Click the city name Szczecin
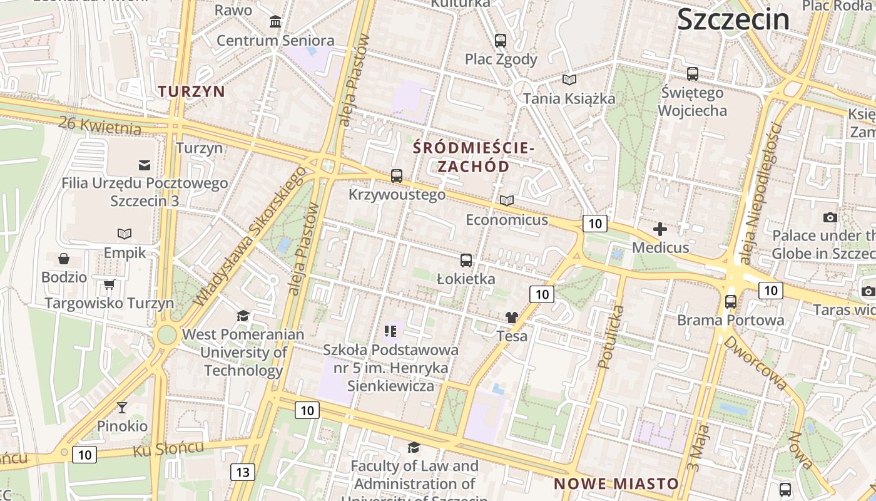click(x=733, y=19)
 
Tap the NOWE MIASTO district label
click(x=616, y=483)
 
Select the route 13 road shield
click(x=243, y=472)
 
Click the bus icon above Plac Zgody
click(x=501, y=41)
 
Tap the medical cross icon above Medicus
click(x=660, y=229)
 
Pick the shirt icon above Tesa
click(x=512, y=318)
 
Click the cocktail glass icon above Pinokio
click(x=122, y=408)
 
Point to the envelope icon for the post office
click(x=145, y=165)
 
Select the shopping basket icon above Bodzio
click(x=64, y=259)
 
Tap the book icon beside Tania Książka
click(x=569, y=80)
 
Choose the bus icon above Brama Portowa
click(x=730, y=302)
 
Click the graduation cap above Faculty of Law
click(x=414, y=447)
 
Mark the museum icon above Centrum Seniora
click(x=275, y=23)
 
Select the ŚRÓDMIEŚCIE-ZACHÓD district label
click(x=474, y=157)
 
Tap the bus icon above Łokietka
click(x=466, y=261)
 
